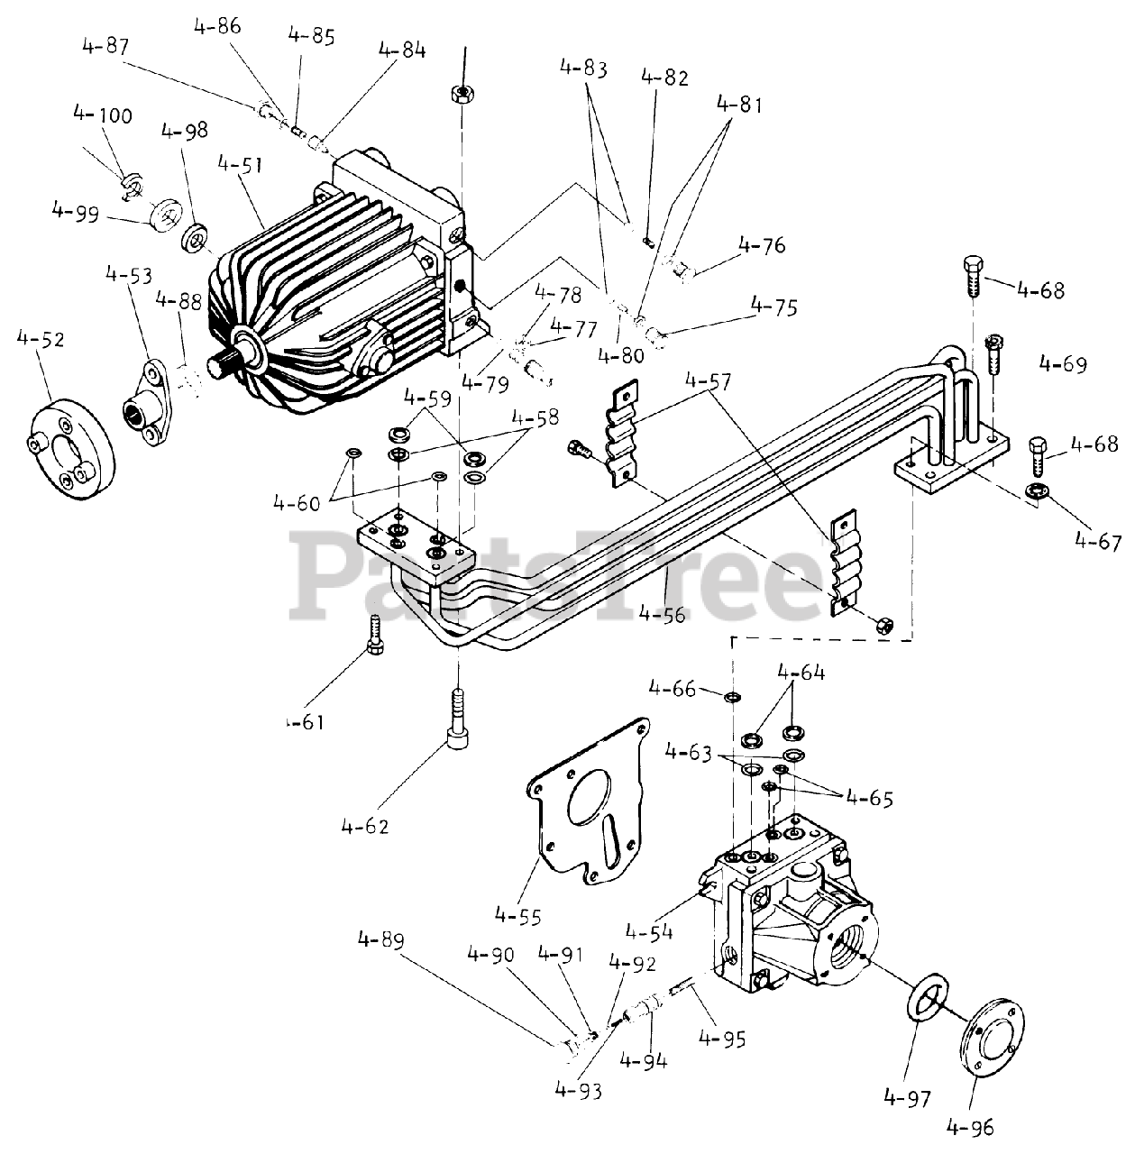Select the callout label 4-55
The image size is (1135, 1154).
click(517, 917)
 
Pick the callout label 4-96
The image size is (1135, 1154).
click(972, 1126)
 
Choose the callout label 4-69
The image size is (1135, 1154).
click(1062, 365)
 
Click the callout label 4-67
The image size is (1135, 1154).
click(1096, 542)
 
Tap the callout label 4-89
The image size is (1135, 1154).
click(380, 940)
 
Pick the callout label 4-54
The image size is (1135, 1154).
click(648, 930)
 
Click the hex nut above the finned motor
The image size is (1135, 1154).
click(462, 92)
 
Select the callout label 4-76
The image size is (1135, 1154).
click(761, 245)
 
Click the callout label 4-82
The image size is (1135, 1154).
click(664, 78)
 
